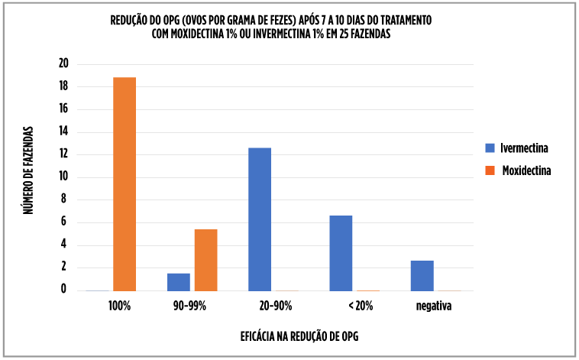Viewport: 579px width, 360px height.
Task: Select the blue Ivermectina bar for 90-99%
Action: pyautogui.click(x=178, y=282)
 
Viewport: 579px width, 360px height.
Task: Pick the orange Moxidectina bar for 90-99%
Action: pyautogui.click(x=205, y=260)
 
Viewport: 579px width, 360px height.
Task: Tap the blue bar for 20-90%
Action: pyautogui.click(x=260, y=219)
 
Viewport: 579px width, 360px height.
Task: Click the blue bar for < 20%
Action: pyautogui.click(x=341, y=253)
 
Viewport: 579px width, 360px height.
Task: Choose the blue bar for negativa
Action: pyautogui.click(x=422, y=275)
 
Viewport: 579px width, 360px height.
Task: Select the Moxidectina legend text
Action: pyautogui.click(x=526, y=170)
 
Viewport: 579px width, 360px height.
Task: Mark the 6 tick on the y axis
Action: pyautogui.click(x=64, y=222)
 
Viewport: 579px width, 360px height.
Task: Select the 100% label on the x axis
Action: pyautogui.click(x=120, y=306)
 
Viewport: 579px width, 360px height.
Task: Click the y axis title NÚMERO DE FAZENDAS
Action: pyautogui.click(x=28, y=170)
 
